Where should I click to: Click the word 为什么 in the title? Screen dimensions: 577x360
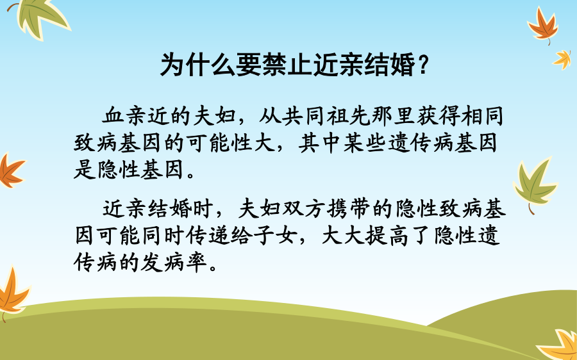coord(197,65)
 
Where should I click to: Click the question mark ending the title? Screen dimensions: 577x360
coord(423,65)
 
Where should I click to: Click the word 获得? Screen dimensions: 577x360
coord(437,116)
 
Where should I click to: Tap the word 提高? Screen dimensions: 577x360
coord(387,235)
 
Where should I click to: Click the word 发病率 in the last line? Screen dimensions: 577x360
coord(173,262)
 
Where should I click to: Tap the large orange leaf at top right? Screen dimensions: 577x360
coord(543,26)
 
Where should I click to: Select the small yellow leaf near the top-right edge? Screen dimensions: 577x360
coord(563,59)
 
